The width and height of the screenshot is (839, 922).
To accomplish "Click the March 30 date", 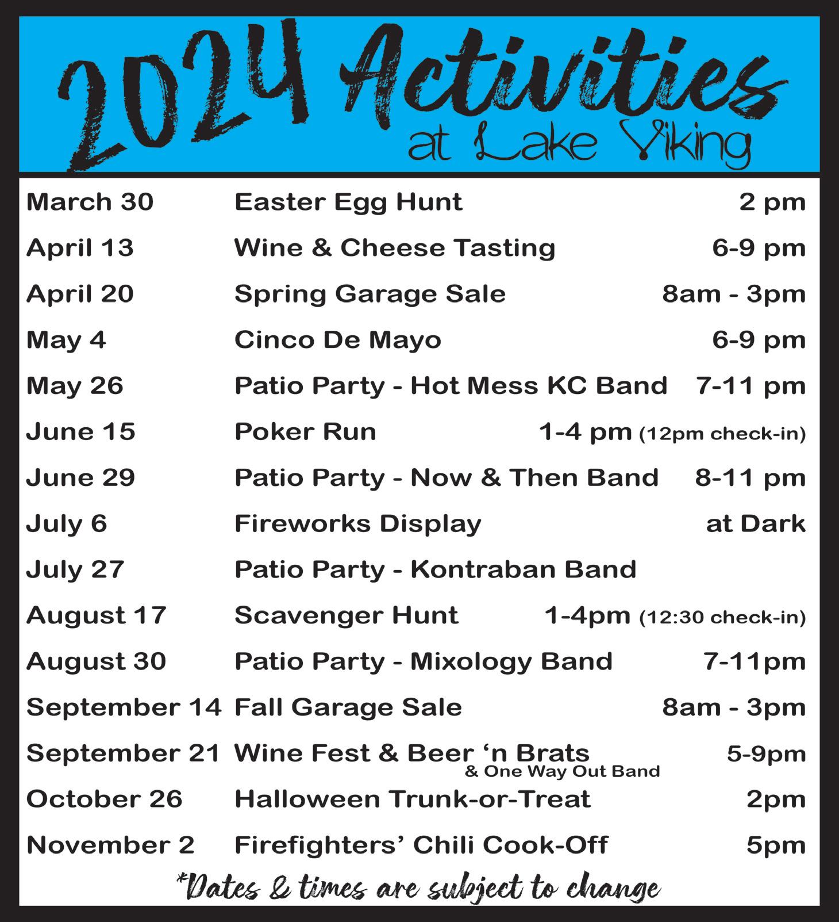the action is [x=90, y=202].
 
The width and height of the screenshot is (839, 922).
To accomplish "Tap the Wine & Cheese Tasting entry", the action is [x=395, y=248].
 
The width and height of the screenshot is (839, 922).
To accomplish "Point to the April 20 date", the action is [x=80, y=294].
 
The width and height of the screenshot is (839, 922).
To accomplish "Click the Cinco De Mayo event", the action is [x=338, y=340].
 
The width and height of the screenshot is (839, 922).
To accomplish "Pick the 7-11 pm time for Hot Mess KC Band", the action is [x=751, y=386].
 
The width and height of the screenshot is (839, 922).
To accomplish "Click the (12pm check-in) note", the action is [x=722, y=434].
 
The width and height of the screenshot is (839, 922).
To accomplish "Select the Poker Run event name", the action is [x=305, y=432].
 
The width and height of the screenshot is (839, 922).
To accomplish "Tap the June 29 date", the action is [x=80, y=478].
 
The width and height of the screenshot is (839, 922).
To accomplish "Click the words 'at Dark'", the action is [x=756, y=524].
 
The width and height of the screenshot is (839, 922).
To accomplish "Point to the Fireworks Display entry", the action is [x=357, y=525].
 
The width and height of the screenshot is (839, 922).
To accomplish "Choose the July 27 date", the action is [x=75, y=571].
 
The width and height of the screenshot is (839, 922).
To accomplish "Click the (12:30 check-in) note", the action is [x=722, y=618].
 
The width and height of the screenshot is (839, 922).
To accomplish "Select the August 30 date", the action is [x=96, y=663].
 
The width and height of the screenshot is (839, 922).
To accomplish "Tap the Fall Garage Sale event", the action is [x=348, y=709].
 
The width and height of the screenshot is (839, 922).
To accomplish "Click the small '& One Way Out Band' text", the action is [x=563, y=771].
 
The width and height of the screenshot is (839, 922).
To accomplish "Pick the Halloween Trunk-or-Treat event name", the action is [x=412, y=799].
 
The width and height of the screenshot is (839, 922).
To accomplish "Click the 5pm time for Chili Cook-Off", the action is [x=776, y=846].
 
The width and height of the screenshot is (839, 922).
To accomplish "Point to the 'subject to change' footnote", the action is [x=418, y=889].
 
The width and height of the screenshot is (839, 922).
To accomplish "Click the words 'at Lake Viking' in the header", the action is [x=579, y=146].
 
